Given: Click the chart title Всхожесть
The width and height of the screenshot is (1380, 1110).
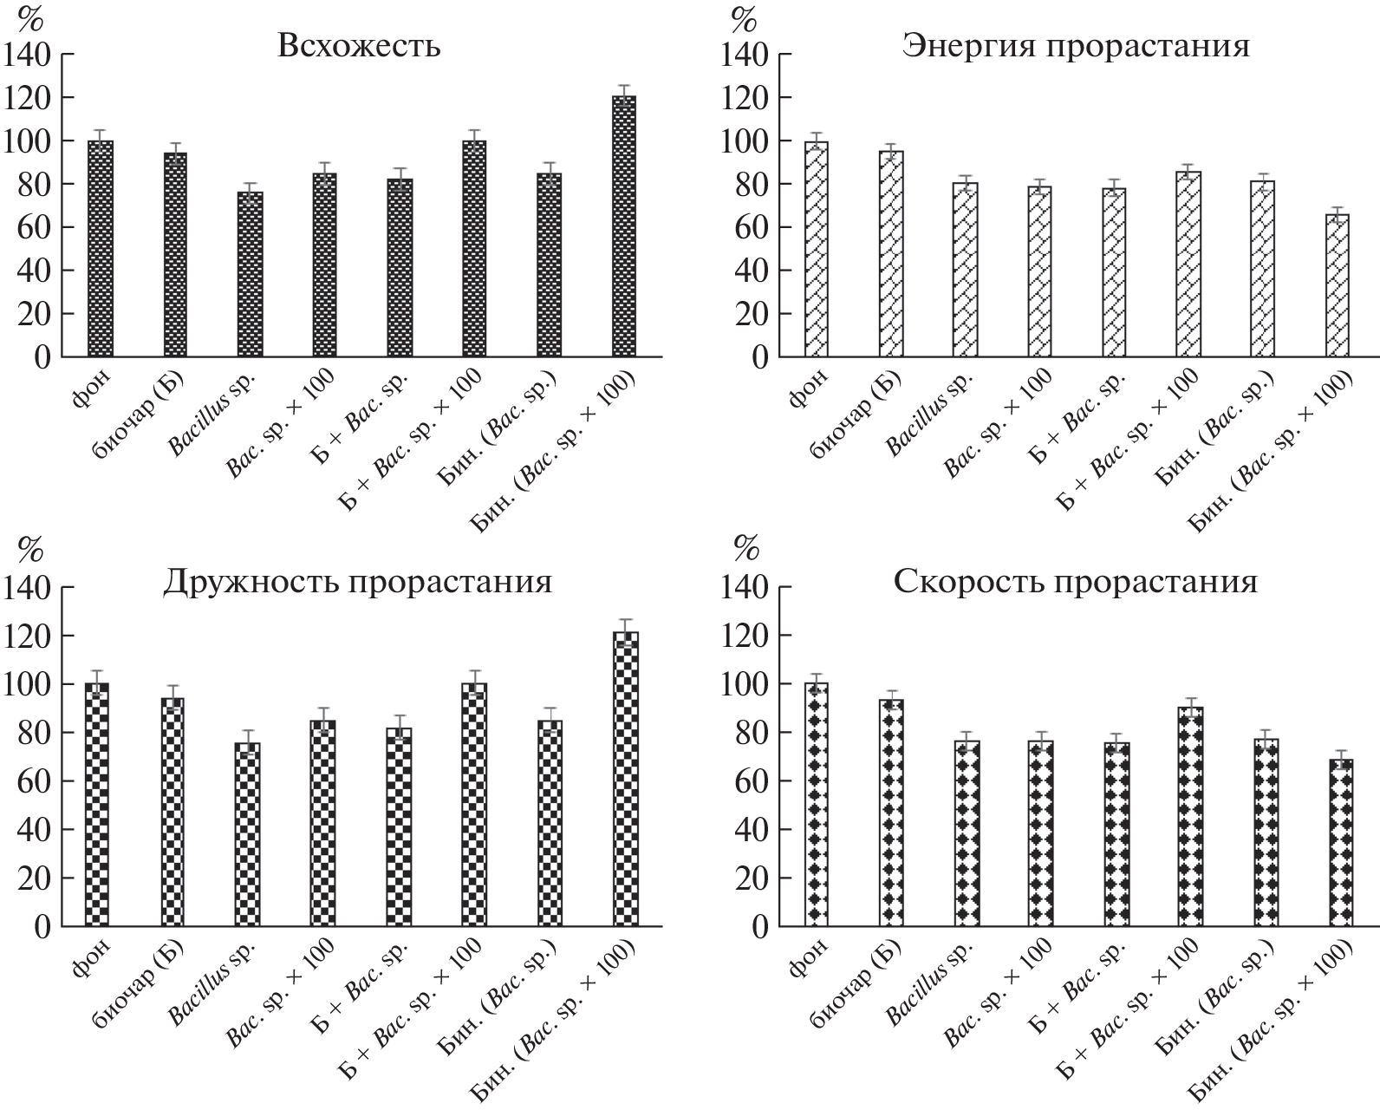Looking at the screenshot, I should coord(358,45).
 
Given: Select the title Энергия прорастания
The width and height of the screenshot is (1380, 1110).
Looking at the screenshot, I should coord(1076,45).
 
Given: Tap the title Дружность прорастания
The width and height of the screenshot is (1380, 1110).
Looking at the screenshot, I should coord(357,581).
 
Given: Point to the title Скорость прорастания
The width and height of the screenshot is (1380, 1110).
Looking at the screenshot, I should coord(1075,581).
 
